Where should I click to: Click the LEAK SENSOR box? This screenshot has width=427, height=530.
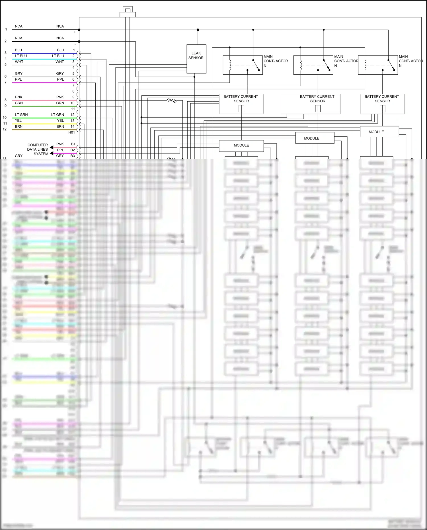pos(196,59)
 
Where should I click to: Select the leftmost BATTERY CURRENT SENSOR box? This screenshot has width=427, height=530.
pos(241,104)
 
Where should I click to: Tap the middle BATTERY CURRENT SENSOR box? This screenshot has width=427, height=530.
pos(310,104)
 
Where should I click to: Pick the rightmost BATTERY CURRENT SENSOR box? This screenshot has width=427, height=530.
pos(382,104)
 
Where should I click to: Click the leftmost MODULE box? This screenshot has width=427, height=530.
pos(241,146)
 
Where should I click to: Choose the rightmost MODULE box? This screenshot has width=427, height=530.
pos(379,132)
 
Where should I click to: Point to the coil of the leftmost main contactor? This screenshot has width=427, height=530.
pos(230,65)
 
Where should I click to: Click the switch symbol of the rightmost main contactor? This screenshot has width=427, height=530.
pos(391,65)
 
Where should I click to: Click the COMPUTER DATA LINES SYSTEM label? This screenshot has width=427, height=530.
pos(38,149)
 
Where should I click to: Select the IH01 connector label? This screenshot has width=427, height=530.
pos(71,132)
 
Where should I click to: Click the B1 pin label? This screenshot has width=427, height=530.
pos(73,144)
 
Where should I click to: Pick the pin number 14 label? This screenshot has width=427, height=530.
pos(73,126)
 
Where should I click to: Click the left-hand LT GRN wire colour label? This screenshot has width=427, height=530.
pos(21,115)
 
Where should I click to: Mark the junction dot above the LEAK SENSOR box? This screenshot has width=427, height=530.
pos(198,30)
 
